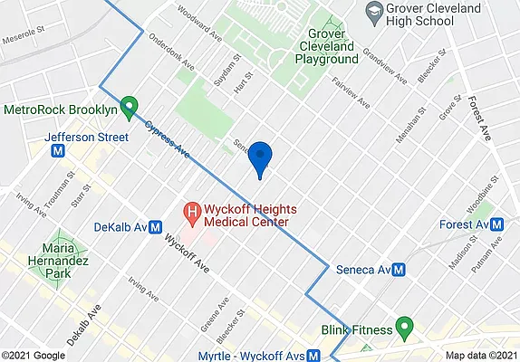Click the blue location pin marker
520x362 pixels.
point(261,157)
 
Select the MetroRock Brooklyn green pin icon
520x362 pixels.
point(130,108)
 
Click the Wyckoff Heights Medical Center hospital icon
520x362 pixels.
point(192,214)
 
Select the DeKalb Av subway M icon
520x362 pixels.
point(155,227)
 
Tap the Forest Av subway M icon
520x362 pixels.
point(497,224)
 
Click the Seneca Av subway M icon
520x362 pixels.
point(398,270)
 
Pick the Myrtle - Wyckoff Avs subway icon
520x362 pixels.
point(313,356)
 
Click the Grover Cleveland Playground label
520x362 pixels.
point(326,51)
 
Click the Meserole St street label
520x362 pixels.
point(22,39)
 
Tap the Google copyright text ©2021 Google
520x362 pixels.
point(33,356)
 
